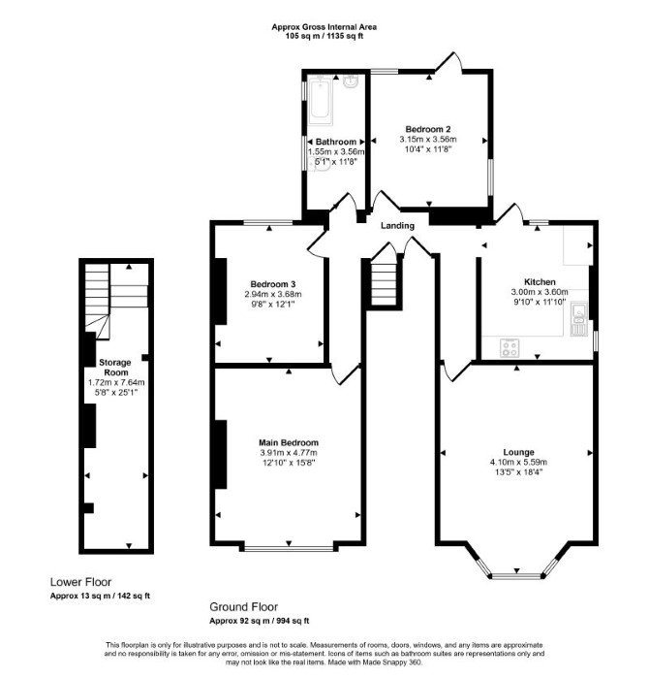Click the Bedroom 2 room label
(x=428, y=129)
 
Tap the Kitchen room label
(x=540, y=282)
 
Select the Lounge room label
(x=518, y=452)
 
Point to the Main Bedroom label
(x=289, y=442)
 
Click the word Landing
(x=397, y=226)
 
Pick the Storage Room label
(x=115, y=367)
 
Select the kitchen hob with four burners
(x=510, y=348)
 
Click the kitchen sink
(x=577, y=319)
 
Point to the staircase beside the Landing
(x=384, y=280)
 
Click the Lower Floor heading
(x=80, y=582)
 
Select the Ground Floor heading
(x=243, y=606)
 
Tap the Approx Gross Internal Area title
(x=324, y=27)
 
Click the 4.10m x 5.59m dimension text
(x=518, y=463)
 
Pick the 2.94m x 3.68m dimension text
(x=273, y=294)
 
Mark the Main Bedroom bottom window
(x=289, y=548)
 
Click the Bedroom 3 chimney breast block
(x=221, y=291)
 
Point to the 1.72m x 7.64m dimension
(x=116, y=383)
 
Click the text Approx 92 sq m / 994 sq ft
(x=259, y=621)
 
